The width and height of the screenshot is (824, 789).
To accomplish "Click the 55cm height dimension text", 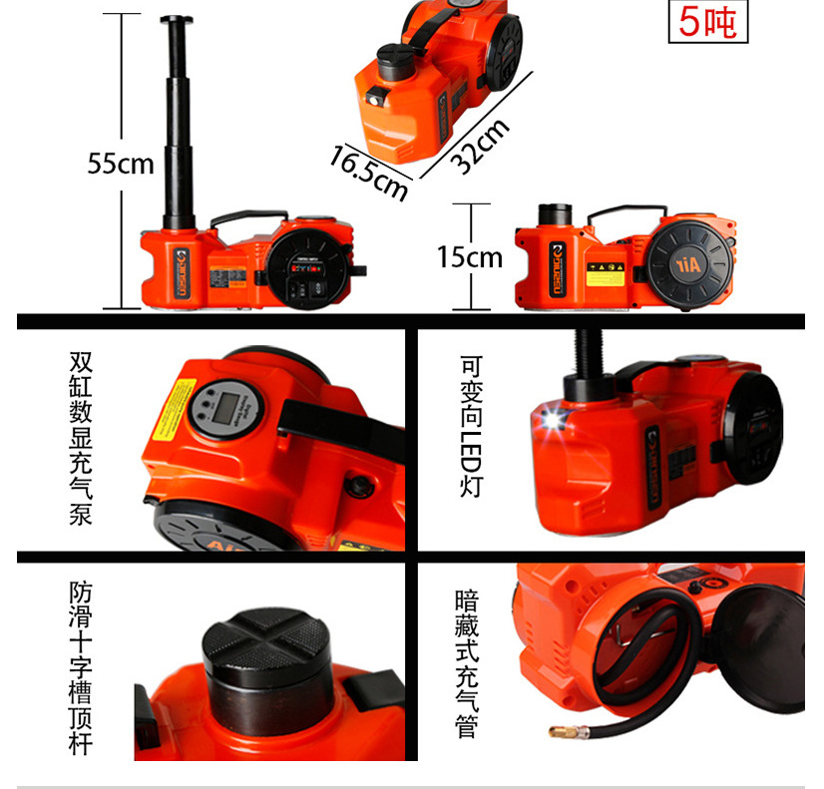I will tap(119, 162).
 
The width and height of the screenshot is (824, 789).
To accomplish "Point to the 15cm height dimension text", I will tap(468, 257).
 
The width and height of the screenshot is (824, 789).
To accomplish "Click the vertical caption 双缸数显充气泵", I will tap(82, 438).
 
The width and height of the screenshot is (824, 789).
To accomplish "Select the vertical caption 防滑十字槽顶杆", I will tap(82, 667).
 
